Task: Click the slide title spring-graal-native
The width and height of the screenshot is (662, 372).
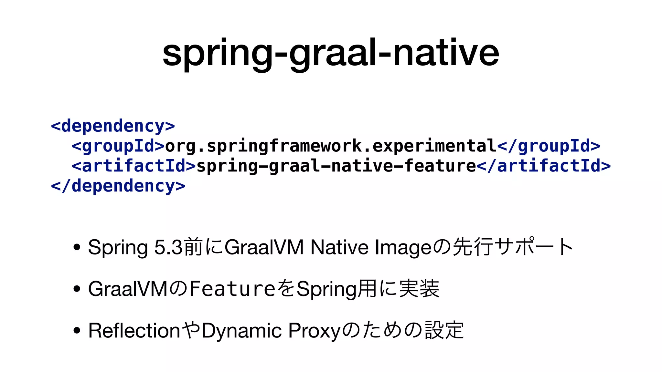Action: tap(331, 53)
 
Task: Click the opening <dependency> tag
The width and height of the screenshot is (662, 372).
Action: tap(113, 126)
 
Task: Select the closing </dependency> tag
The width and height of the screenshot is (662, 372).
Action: tap(118, 186)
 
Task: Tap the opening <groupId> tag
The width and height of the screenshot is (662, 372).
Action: tap(118, 146)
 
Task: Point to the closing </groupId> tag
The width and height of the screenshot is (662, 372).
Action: tap(549, 146)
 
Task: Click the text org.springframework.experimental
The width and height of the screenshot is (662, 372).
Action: tap(331, 146)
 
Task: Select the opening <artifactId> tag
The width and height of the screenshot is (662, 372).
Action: tap(134, 166)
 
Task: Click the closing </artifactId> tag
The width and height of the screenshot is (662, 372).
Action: tap(544, 166)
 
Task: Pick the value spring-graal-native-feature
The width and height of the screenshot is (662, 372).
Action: tap(336, 166)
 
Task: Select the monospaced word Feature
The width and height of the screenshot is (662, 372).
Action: tap(232, 289)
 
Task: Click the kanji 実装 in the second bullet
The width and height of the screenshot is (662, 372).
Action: tap(419, 289)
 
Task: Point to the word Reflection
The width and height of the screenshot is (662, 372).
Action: tap(134, 331)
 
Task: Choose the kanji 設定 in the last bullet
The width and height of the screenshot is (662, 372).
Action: tap(444, 330)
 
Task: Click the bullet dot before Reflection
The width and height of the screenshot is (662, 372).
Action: tap(77, 331)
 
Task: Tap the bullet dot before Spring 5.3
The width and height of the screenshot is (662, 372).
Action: tap(77, 247)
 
